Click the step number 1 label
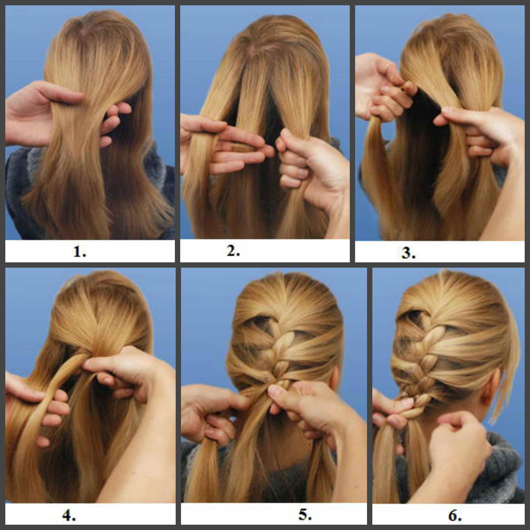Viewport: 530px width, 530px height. [80, 252]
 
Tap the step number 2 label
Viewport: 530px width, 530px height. [233, 251]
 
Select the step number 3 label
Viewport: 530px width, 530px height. [408, 253]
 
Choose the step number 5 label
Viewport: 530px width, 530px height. [305, 515]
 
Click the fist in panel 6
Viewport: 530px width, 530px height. [458, 436]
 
